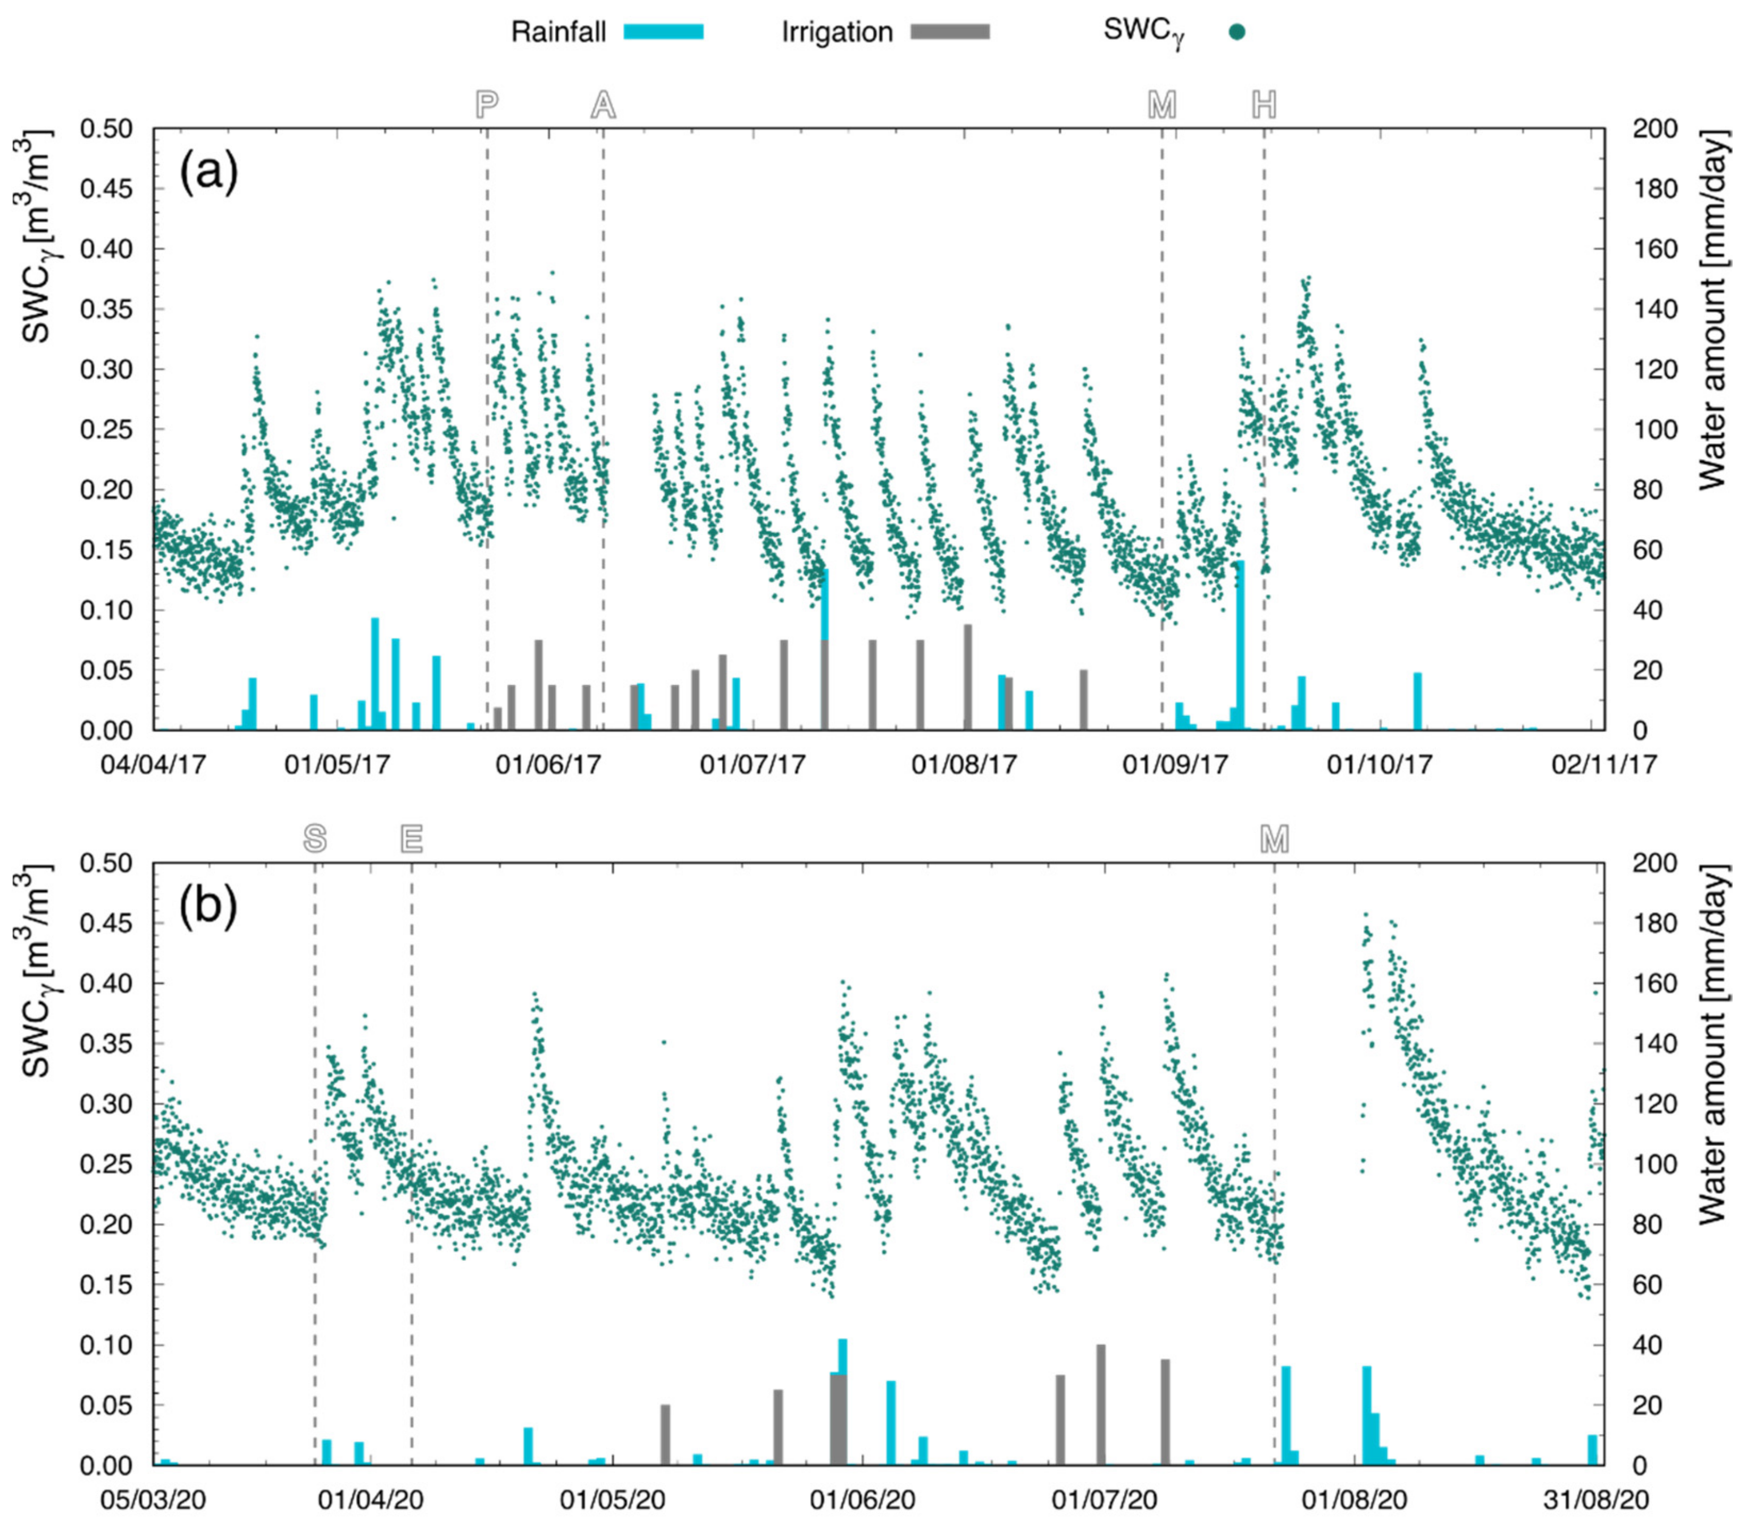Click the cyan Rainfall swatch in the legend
pyautogui.click(x=663, y=32)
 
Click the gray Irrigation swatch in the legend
pyautogui.click(x=949, y=32)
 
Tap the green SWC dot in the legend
pyautogui.click(x=1236, y=32)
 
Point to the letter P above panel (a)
pyautogui.click(x=487, y=105)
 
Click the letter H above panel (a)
pyautogui.click(x=1264, y=105)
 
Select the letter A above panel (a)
pyautogui.click(x=603, y=105)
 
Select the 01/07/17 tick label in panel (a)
pyautogui.click(x=753, y=763)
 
